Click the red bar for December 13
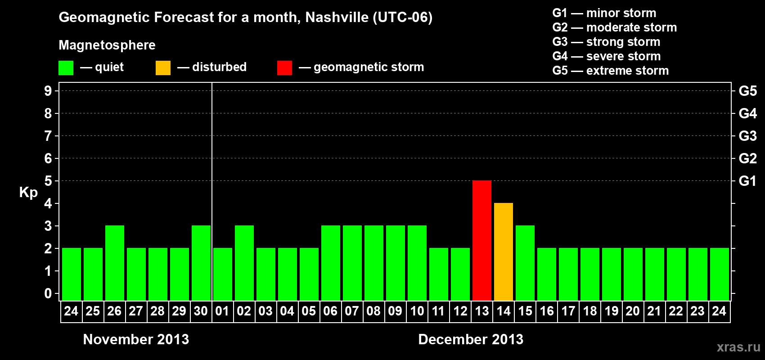pos(481,240)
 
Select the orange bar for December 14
pos(503,252)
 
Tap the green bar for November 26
pos(114,263)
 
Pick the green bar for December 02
pos(244,263)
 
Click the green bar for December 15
pos(525,263)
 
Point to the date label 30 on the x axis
pos(201,311)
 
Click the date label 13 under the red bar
pos(481,311)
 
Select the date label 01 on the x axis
pos(222,311)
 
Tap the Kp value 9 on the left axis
pos(48,91)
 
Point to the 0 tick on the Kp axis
pos(48,293)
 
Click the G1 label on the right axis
pos(747,181)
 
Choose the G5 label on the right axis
pos(747,91)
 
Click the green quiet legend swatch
pos(66,68)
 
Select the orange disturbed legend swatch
pos(163,68)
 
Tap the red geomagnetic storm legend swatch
pos(284,68)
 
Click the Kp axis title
pos(28,193)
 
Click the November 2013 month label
pos(136,339)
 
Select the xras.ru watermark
pos(738,347)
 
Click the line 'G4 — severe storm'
pos(606,56)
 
